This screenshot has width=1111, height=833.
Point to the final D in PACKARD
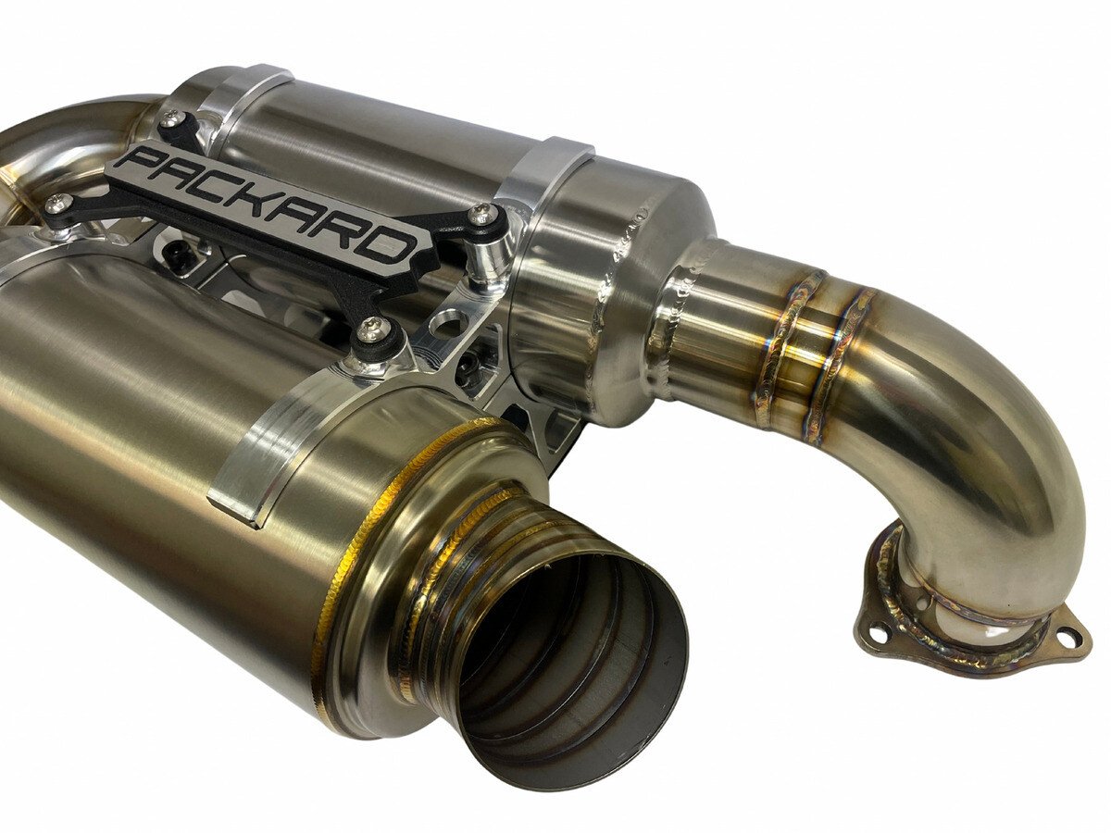pyautogui.click(x=387, y=248)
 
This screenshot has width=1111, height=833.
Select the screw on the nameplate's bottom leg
pyautogui.click(x=372, y=325)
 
